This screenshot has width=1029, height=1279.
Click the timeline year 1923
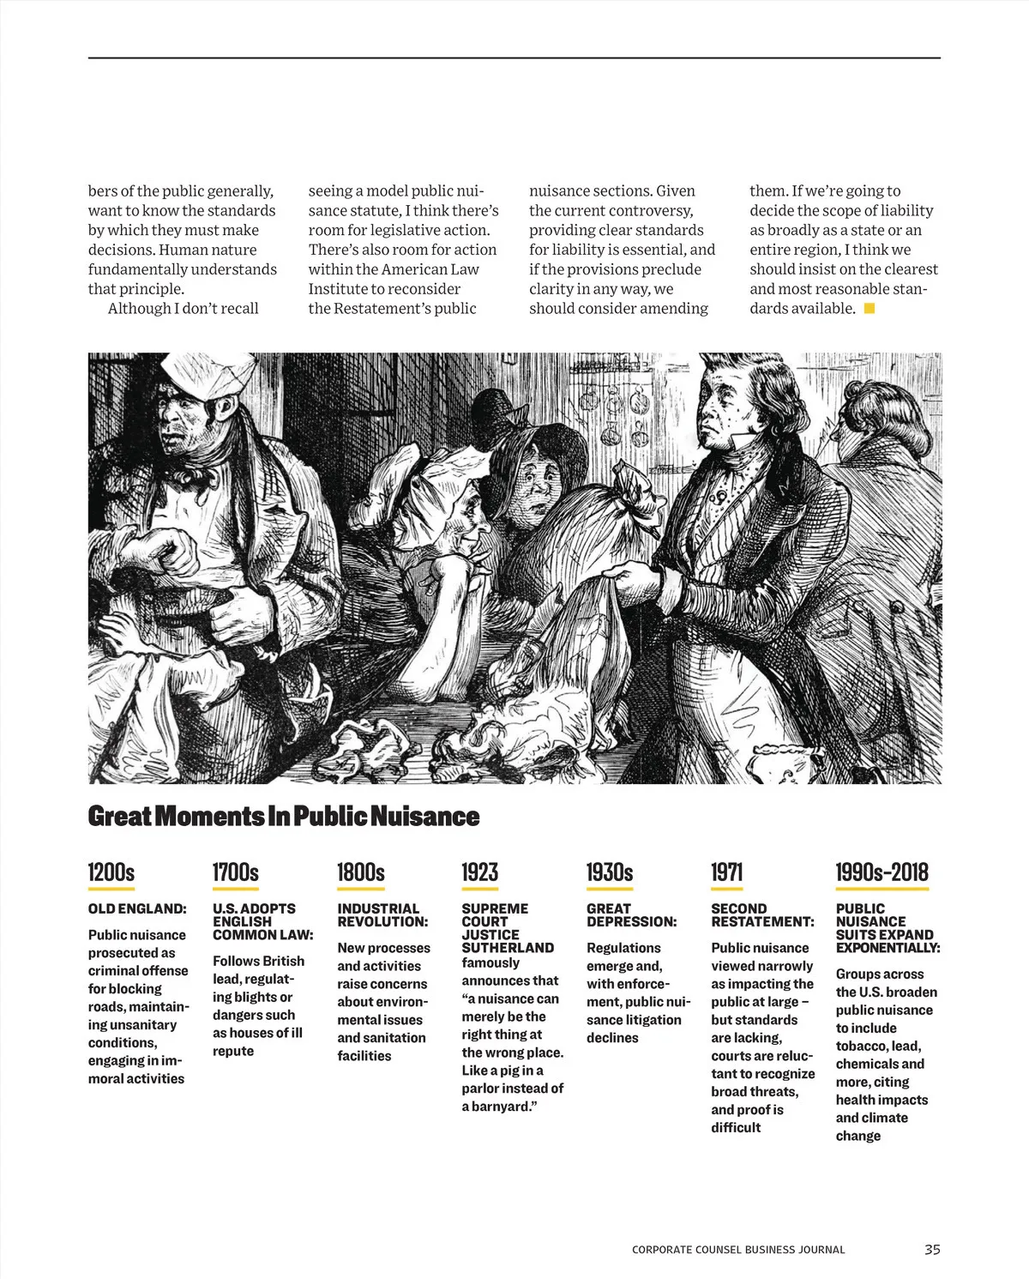479,872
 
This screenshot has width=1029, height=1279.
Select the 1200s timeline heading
111,872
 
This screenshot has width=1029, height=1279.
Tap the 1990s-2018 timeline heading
882,872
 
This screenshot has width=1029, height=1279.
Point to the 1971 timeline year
726,872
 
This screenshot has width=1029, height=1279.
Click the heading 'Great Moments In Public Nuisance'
283,816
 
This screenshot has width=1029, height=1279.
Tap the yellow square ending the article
870,308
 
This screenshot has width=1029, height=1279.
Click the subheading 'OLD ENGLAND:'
137,908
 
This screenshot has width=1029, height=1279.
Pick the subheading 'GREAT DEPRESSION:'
631,915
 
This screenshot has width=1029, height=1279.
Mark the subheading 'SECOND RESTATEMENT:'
762,915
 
